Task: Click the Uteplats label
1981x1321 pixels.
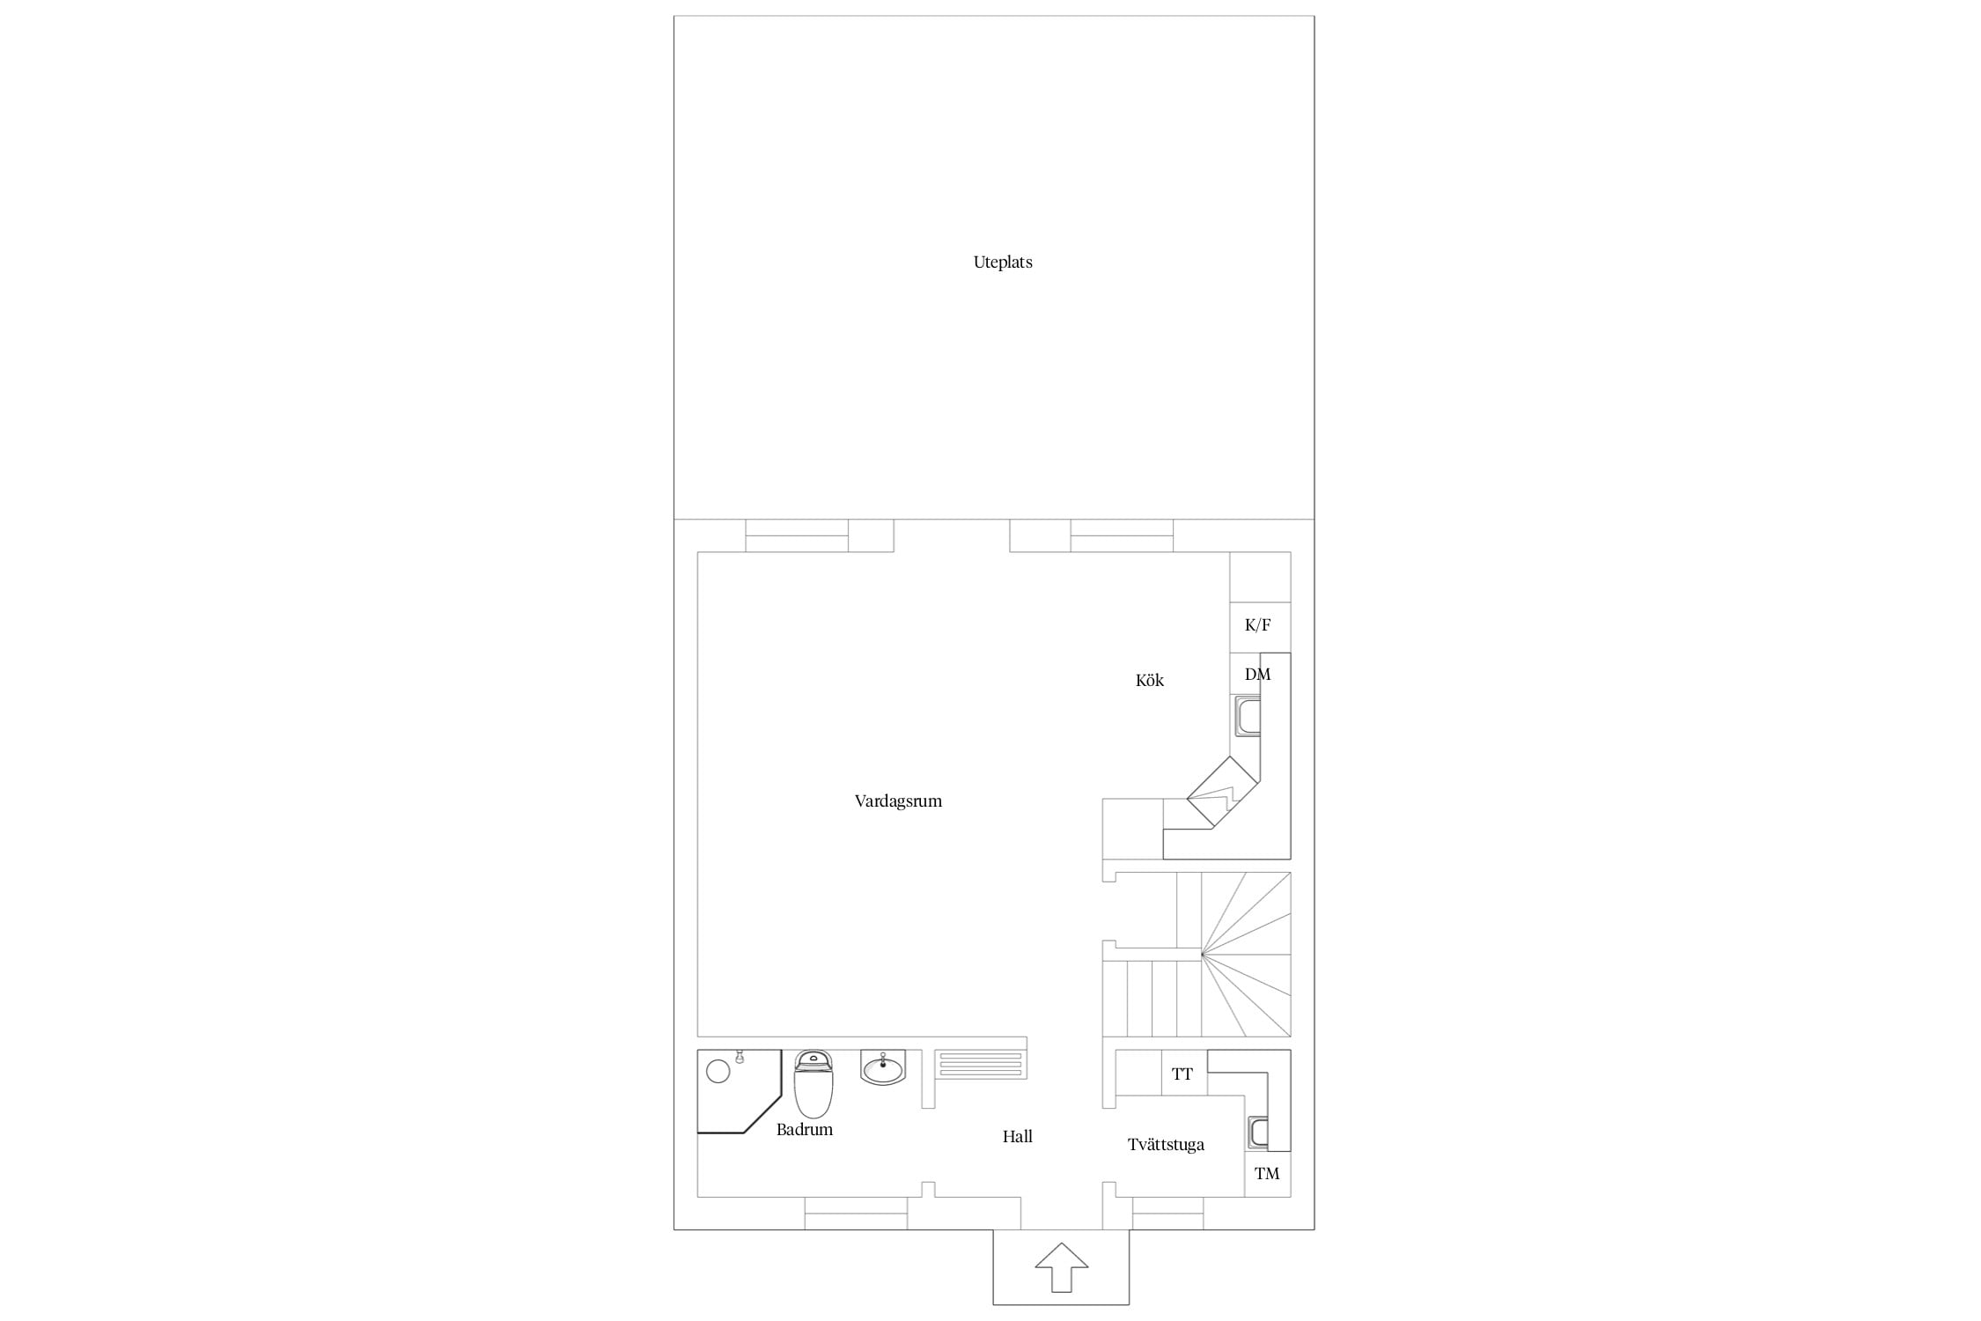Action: (1003, 262)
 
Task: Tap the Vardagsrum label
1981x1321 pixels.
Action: (898, 801)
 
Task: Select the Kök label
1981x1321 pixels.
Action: (1150, 680)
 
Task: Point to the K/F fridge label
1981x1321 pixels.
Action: (1258, 625)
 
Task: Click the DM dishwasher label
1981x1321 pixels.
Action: (1258, 675)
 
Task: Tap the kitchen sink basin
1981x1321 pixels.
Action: (1248, 716)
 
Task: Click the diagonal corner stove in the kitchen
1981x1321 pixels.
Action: (1223, 792)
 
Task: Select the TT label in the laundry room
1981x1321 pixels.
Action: (1182, 1074)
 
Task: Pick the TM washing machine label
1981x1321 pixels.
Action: (1267, 1174)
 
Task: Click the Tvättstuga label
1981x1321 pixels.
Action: (1166, 1145)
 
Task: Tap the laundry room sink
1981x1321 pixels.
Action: (1258, 1133)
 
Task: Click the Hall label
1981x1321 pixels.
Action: (1018, 1137)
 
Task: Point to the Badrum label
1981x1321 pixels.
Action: (805, 1130)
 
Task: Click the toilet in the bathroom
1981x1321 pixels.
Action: (814, 1083)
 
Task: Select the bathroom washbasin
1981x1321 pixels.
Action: (883, 1067)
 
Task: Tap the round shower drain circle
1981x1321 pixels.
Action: (718, 1072)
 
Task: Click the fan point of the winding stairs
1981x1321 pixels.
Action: (1202, 954)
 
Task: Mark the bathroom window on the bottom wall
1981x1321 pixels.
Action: (856, 1213)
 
